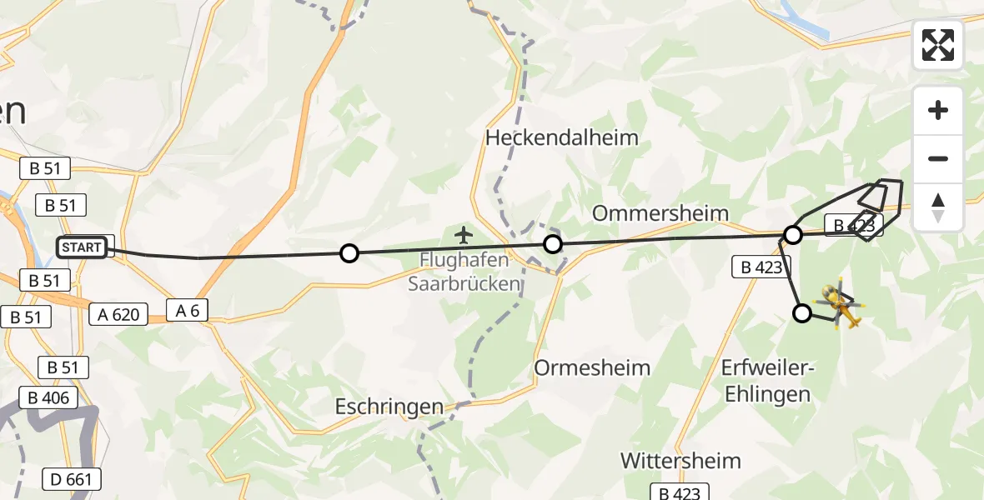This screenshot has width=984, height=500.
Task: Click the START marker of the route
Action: pyautogui.click(x=82, y=247)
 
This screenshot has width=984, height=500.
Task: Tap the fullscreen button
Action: pyautogui.click(x=938, y=45)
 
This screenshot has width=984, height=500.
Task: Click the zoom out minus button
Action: pyautogui.click(x=938, y=158)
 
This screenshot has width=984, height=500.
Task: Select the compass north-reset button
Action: pyautogui.click(x=938, y=207)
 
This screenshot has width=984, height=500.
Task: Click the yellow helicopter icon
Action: pyautogui.click(x=841, y=305)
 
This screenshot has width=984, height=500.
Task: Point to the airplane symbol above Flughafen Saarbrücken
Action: pyautogui.click(x=464, y=236)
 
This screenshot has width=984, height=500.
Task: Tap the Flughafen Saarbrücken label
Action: pyautogui.click(x=464, y=272)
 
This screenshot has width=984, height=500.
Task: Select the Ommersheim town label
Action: pyautogui.click(x=660, y=212)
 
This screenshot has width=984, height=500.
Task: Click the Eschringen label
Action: pyautogui.click(x=389, y=407)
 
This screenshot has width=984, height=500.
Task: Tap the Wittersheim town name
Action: pyautogui.click(x=680, y=460)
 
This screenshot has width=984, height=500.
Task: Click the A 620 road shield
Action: pyautogui.click(x=119, y=314)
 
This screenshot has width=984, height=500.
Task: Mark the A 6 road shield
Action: pyautogui.click(x=187, y=311)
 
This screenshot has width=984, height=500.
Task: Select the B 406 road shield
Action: pyautogui.click(x=50, y=397)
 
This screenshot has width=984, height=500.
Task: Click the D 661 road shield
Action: pyautogui.click(x=72, y=479)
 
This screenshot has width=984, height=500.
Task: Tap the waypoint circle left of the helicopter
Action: pyautogui.click(x=801, y=313)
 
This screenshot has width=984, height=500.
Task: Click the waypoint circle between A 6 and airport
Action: pyautogui.click(x=349, y=253)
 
